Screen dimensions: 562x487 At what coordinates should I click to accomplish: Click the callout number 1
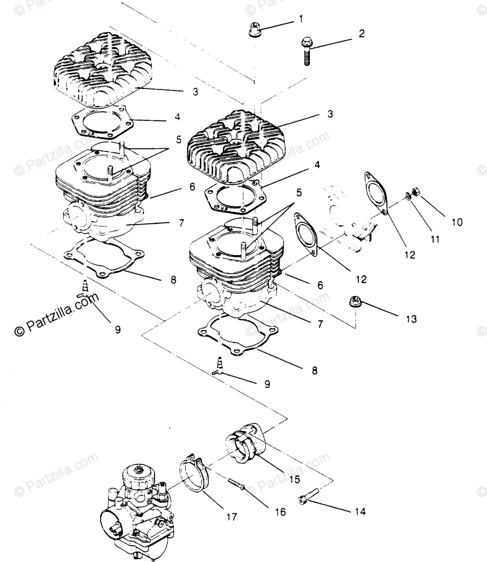(301, 20)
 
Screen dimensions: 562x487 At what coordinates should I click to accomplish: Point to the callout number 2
(361, 34)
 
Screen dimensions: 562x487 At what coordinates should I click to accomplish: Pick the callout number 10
(456, 222)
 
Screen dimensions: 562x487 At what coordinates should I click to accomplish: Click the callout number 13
(411, 319)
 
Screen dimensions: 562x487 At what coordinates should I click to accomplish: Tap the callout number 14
(360, 512)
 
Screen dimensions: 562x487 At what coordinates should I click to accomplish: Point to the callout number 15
(295, 479)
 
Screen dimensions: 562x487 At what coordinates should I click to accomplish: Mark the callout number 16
(280, 512)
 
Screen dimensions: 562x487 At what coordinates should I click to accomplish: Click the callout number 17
(231, 516)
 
